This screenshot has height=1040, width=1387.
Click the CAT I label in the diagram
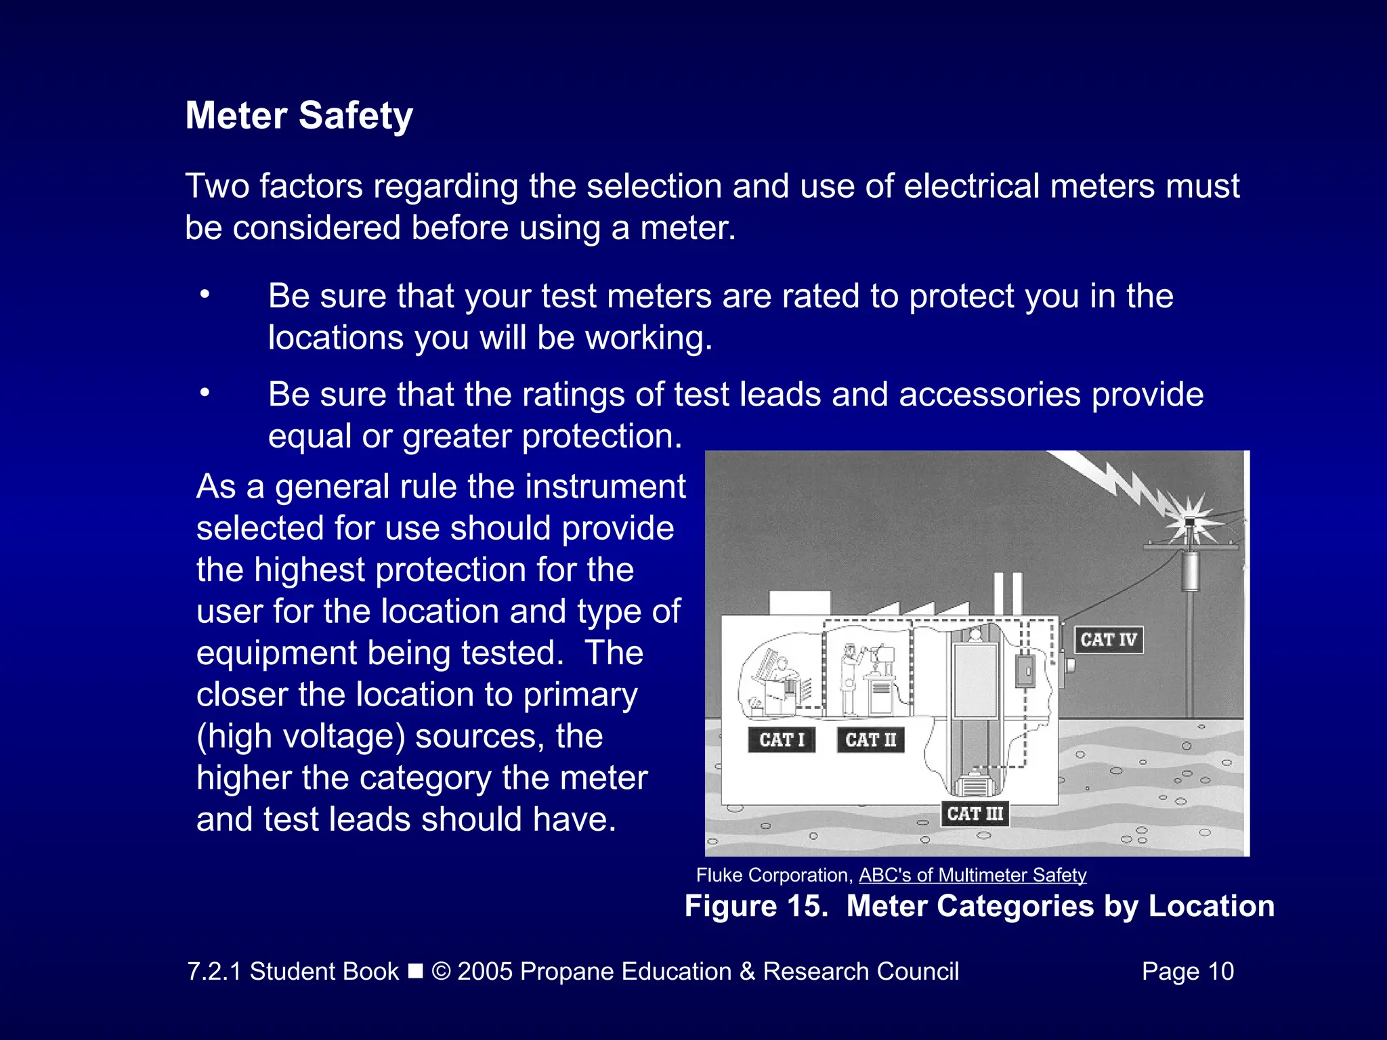point(782,739)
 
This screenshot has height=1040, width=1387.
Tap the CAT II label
point(870,739)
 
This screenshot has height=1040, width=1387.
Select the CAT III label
point(975,813)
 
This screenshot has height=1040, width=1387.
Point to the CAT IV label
point(1108,639)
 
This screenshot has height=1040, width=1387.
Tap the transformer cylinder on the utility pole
point(1190,571)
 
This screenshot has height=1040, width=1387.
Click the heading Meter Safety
point(299,115)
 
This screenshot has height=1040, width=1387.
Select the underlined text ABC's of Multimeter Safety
point(973,875)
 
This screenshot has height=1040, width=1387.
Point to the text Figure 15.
point(756,906)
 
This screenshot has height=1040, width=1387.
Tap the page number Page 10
point(1187,971)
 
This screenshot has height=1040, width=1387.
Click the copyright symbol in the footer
point(441,972)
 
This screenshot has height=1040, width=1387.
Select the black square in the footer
point(415,972)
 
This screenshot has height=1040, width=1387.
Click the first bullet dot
point(205,295)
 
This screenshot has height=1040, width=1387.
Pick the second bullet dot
point(205,393)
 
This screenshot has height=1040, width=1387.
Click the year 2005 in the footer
point(485,971)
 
